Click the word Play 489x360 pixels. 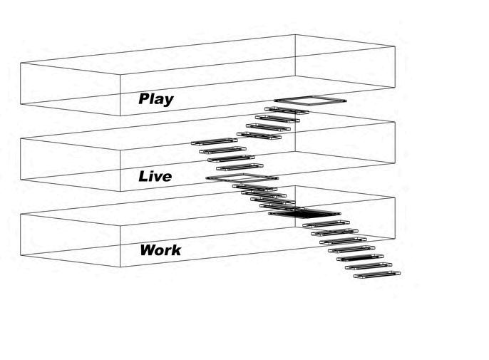155,99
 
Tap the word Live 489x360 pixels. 155,175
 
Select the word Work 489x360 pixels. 160,250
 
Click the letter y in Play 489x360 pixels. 168,101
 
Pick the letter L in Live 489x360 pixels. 144,175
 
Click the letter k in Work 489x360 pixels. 176,250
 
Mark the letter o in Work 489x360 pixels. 160,251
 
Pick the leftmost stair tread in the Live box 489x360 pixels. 213,143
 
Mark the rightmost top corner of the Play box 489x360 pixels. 394,46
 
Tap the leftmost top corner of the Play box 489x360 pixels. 20,63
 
